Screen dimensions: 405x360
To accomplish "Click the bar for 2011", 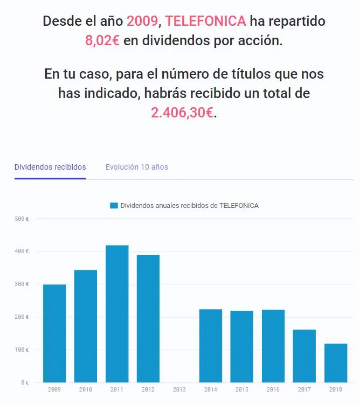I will pyautogui.click(x=117, y=313).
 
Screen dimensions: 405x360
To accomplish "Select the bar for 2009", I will pyautogui.click(x=54, y=333).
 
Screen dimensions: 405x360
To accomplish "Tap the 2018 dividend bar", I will pyautogui.click(x=336, y=362).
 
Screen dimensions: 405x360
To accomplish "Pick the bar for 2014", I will pyautogui.click(x=211, y=345).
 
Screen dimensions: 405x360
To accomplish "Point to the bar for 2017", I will pyautogui.click(x=304, y=355).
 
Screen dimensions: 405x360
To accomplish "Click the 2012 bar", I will pyautogui.click(x=148, y=318).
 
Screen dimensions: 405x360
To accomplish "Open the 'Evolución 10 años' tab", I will pyautogui.click(x=137, y=167).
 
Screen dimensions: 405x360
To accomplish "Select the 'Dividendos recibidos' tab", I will pyautogui.click(x=50, y=167).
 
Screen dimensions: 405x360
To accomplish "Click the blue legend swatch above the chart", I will pyautogui.click(x=114, y=206).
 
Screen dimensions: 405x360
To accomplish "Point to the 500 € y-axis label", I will pyautogui.click(x=22, y=219).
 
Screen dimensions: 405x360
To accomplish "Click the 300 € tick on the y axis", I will pyautogui.click(x=22, y=284).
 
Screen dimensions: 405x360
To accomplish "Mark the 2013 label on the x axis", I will pyautogui.click(x=179, y=389).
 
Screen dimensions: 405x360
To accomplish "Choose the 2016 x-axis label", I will pyautogui.click(x=273, y=389).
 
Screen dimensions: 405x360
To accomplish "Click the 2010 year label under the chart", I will pyautogui.click(x=86, y=389).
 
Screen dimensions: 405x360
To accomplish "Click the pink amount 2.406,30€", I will pyautogui.click(x=182, y=113).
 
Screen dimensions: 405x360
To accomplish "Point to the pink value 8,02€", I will pyautogui.click(x=102, y=41).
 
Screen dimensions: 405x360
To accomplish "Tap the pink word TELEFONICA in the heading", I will pyautogui.click(x=206, y=22).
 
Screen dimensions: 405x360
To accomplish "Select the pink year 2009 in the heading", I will pyautogui.click(x=142, y=22).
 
